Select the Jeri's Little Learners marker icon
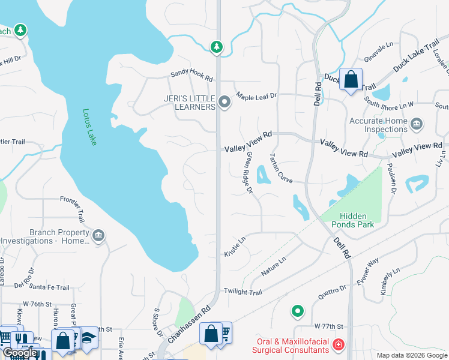tap(224, 102)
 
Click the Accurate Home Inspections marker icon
tap(417, 124)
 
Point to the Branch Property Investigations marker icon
tap(99, 235)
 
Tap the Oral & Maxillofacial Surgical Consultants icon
tap(339, 344)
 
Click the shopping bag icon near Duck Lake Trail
tap(351, 79)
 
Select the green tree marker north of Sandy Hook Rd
tap(216, 46)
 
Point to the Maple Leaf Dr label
tap(256, 95)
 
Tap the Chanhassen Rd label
tap(188, 325)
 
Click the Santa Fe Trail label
tap(49, 288)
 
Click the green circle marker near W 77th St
tap(297, 311)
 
